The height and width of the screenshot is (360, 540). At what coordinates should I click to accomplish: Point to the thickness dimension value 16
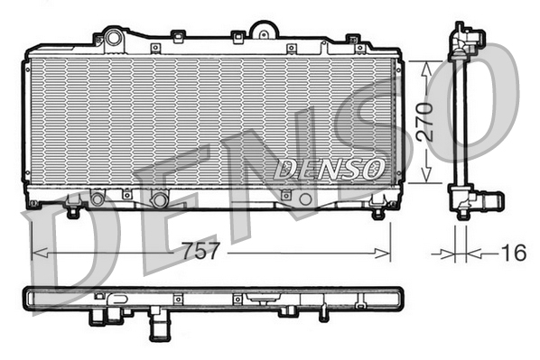click(x=513, y=254)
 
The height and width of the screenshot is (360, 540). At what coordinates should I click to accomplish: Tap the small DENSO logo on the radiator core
click(x=329, y=168)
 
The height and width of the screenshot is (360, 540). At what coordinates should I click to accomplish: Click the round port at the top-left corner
click(x=113, y=38)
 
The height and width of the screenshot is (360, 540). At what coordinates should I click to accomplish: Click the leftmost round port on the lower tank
click(x=98, y=198)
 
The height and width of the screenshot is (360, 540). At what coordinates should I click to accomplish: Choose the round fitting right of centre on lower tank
click(x=305, y=198)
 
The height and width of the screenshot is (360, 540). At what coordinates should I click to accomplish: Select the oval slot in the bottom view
click(x=261, y=296)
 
